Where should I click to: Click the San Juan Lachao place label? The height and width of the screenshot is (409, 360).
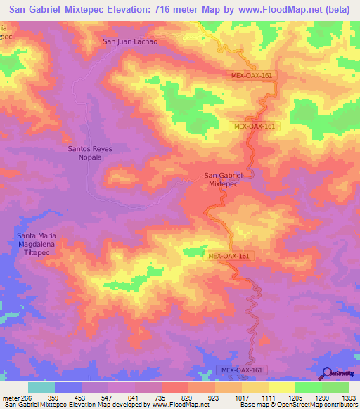click(x=130, y=41)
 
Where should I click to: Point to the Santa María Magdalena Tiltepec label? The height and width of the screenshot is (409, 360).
click(x=46, y=242)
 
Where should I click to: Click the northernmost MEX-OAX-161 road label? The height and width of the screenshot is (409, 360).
click(x=251, y=75)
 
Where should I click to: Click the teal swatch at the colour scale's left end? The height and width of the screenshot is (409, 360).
click(x=41, y=387)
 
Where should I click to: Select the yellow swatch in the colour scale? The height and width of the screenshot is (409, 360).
click(x=281, y=387)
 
